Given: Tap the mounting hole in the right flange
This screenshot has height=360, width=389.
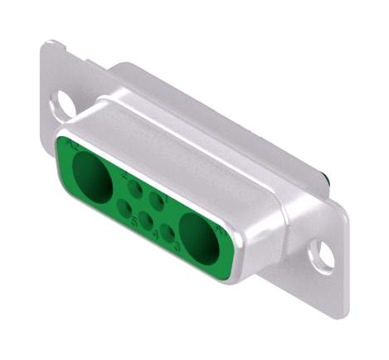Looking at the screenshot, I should [323, 256].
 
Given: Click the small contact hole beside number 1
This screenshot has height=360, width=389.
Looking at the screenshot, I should [156, 200].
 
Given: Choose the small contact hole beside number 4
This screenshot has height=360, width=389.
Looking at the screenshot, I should [146, 221].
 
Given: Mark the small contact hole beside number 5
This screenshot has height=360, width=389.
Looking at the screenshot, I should [124, 207].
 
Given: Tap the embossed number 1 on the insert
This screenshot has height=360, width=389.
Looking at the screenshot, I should [165, 200].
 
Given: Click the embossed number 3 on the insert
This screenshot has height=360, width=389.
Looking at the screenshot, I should [177, 247].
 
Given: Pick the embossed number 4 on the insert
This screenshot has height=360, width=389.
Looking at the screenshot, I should [156, 234].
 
